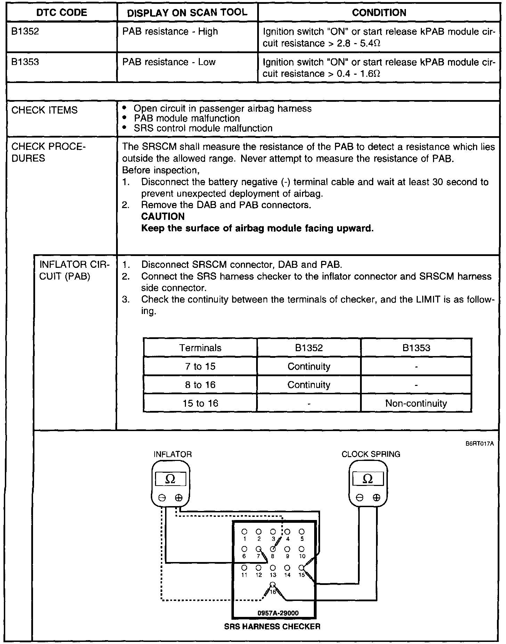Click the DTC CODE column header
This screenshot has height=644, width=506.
pos(62,13)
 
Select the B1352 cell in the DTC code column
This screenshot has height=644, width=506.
pos(25,32)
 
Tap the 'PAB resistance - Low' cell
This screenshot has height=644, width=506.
pos(169,62)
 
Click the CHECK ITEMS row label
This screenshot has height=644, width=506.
pos(44,110)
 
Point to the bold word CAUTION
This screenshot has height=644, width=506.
pos(163,217)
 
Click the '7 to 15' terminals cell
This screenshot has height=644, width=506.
pos(200,366)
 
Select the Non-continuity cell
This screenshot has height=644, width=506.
pos(416,403)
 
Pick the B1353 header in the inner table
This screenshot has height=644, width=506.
pos(416,348)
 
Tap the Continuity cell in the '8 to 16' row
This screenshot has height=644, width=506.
pos(309,385)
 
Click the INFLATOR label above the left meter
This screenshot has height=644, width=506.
pos(172,454)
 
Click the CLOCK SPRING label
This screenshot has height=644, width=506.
pos(370,454)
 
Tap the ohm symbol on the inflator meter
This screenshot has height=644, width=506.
pos(171,479)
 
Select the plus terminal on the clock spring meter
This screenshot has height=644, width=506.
pos(376,498)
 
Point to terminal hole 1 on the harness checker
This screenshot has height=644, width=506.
pos(244,532)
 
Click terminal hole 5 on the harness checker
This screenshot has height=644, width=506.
pos(302,532)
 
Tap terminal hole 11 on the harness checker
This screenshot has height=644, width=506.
pos(244,568)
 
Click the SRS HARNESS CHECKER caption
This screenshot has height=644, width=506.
pos(272,627)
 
